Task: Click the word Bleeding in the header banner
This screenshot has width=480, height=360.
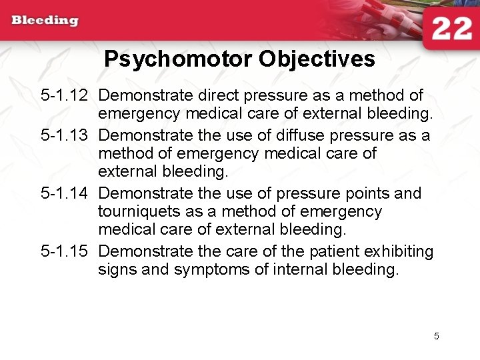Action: (45, 20)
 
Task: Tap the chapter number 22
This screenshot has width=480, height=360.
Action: (451, 29)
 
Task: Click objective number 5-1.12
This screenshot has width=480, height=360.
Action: (64, 97)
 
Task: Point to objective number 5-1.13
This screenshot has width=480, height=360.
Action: (64, 136)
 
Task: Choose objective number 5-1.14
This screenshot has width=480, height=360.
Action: (64, 193)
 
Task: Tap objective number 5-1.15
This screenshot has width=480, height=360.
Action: (64, 251)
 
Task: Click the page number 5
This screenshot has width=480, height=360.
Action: (436, 336)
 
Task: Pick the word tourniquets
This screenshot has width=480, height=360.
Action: (140, 212)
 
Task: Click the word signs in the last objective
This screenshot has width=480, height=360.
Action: (117, 270)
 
